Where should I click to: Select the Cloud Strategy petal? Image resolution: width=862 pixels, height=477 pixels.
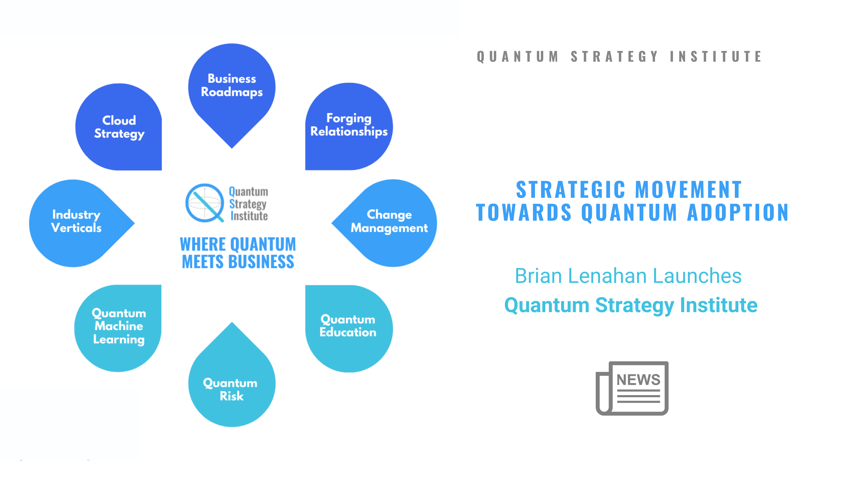119,127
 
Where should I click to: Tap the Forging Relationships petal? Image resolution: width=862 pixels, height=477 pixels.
349,125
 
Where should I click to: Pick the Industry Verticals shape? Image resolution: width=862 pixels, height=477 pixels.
76,222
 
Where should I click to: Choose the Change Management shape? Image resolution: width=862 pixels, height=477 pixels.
389,222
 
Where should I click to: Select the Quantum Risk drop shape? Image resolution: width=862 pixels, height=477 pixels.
231,388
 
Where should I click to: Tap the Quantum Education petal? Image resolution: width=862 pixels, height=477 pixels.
348,326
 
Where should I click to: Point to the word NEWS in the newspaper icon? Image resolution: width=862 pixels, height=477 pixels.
638,380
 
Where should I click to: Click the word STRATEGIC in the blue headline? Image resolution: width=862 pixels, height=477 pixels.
570,190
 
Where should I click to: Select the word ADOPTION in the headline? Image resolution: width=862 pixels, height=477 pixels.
738,213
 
